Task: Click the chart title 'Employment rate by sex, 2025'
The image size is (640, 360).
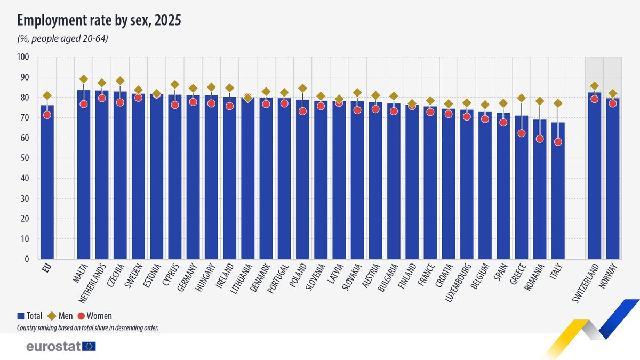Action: (99, 21)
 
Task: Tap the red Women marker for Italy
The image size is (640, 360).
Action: (558, 142)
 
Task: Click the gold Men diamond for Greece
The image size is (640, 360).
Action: (522, 98)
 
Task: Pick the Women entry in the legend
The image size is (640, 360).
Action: (94, 316)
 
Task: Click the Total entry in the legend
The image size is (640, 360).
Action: (30, 316)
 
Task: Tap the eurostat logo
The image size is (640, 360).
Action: (61, 347)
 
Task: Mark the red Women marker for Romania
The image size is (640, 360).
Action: (540, 139)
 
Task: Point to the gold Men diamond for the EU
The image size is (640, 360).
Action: (47, 96)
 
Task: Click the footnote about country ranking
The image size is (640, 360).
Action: (87, 327)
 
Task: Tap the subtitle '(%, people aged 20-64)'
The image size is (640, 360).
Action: (63, 39)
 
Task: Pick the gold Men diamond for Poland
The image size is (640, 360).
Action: (302, 89)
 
